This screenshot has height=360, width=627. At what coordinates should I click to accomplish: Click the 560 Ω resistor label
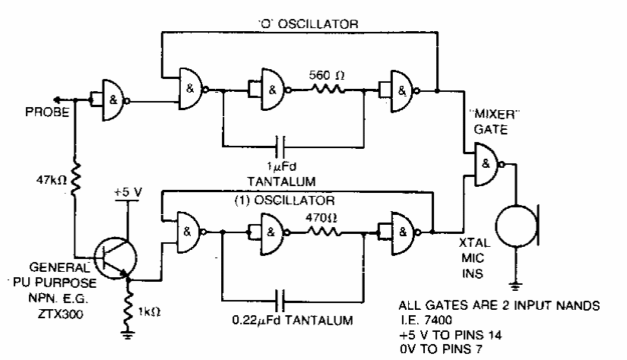(326, 74)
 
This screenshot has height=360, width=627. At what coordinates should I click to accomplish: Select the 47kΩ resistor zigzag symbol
(74, 179)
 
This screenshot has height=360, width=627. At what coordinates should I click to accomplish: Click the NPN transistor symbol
(116, 257)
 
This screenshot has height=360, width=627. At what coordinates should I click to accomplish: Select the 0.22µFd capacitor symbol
(280, 301)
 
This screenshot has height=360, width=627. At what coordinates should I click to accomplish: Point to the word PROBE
(47, 112)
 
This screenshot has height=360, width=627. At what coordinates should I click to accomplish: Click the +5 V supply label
(128, 192)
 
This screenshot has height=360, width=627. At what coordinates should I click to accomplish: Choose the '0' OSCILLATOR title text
(307, 24)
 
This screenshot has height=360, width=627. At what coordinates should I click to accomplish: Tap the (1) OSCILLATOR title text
(284, 201)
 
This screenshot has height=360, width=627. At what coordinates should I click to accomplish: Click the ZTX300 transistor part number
(61, 314)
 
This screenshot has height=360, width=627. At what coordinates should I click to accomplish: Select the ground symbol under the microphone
(516, 286)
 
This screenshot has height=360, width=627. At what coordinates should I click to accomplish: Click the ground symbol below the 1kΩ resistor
(128, 335)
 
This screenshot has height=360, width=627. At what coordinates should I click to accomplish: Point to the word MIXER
(494, 114)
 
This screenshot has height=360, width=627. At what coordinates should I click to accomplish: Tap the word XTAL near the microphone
(474, 243)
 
